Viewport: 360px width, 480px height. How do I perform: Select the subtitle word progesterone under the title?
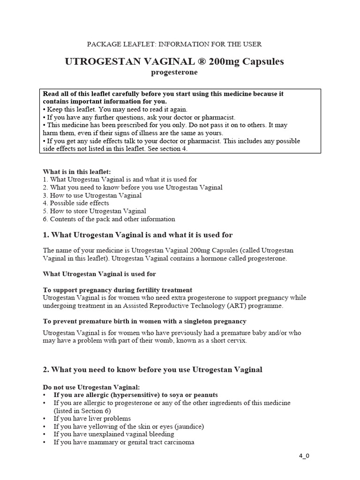pyautogui.click(x=174, y=73)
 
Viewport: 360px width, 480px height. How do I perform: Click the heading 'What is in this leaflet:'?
pyautogui.click(x=77, y=172)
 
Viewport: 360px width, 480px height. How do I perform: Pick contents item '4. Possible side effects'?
pyautogui.click(x=76, y=203)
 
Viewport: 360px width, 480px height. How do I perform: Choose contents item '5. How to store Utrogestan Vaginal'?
pyautogui.click(x=95, y=211)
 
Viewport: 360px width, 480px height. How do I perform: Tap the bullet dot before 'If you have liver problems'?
pyautogui.click(x=44, y=419)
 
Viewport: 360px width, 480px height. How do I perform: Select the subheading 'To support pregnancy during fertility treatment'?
pyautogui.click(x=118, y=290)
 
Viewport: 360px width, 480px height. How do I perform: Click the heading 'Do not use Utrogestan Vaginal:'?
pyautogui.click(x=91, y=387)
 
